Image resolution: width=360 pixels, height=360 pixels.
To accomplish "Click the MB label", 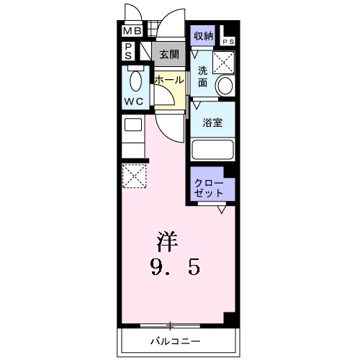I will [131, 32].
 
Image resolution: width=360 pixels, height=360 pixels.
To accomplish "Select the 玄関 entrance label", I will [169, 53].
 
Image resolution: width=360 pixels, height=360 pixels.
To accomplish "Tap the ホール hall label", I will [168, 79].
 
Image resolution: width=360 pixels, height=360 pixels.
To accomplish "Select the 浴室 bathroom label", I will [212, 122].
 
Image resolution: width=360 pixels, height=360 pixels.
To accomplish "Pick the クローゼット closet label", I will [208, 188].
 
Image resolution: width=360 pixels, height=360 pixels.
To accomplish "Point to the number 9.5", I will [175, 268].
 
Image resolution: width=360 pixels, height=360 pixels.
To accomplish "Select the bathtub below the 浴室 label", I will [213, 150].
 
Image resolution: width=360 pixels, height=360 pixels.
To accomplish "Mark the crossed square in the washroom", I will [226, 64].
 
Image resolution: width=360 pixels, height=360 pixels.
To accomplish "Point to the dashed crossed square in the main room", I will [134, 176].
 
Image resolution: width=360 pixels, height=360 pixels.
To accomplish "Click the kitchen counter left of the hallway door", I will [132, 136].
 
